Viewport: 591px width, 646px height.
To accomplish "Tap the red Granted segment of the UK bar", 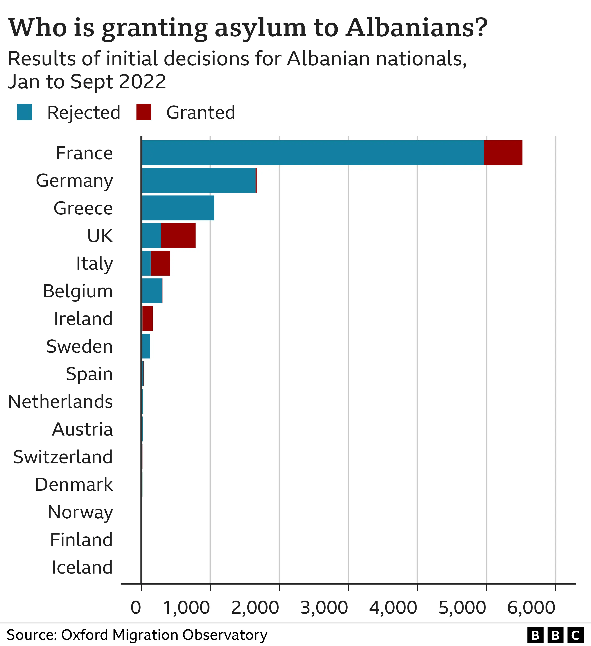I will (x=178, y=235).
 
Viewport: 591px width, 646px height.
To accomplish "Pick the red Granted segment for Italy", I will (x=160, y=263).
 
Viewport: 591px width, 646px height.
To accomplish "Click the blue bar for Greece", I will (x=178, y=208).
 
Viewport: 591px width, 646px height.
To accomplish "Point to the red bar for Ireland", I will (x=147, y=319).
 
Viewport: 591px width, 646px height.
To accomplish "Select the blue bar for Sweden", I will (x=146, y=346).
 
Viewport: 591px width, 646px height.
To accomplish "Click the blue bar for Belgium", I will (x=152, y=291).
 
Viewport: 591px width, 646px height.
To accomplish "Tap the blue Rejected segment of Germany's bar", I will (x=199, y=180).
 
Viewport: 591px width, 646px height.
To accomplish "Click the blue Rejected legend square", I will (x=24, y=112).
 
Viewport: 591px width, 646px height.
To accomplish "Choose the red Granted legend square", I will (x=144, y=112).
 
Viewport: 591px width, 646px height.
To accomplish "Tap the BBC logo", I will (x=555, y=635).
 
